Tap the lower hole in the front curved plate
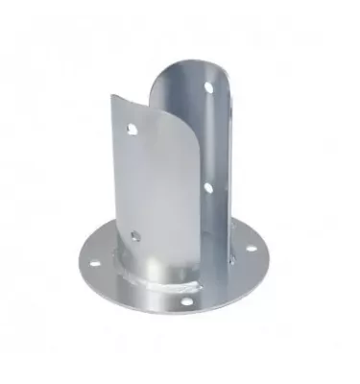point(135,235)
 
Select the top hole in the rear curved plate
point(208,87)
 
